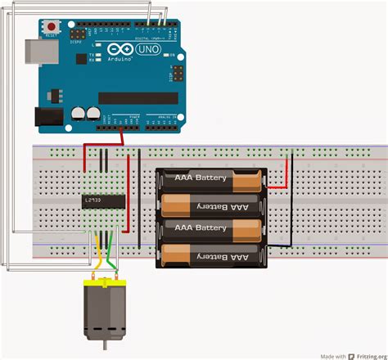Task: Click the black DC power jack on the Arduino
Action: click(50, 119)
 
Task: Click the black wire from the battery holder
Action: click(291, 213)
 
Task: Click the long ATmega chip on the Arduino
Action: click(138, 98)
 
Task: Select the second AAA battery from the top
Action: click(211, 205)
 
